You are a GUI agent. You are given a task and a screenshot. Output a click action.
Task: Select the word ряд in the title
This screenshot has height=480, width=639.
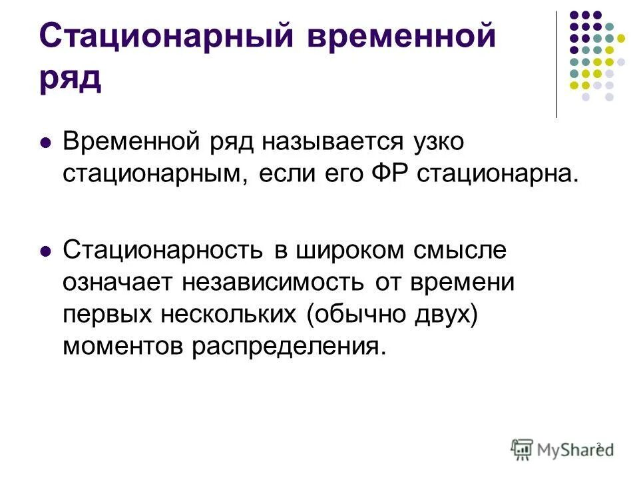pos(71,77)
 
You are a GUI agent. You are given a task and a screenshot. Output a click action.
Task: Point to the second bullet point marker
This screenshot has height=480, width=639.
pos(46,253)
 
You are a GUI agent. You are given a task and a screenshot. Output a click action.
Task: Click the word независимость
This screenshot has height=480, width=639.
pos(271,282)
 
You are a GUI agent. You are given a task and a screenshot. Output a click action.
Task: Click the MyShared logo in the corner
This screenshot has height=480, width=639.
pos(562,448)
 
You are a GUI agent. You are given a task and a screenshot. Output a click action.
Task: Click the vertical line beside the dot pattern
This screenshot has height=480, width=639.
pos(556,64)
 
